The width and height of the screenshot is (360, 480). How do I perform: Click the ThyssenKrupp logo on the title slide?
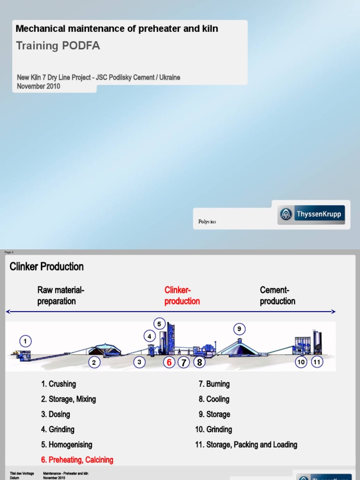pyautogui.click(x=311, y=215)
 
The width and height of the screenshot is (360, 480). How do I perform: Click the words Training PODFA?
pyautogui.click(x=58, y=45)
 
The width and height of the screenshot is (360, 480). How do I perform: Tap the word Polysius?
pyautogui.click(x=207, y=222)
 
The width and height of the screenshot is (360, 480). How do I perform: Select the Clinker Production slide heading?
pyautogui.click(x=47, y=267)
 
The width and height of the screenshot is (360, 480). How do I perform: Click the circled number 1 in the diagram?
pyautogui.click(x=25, y=341)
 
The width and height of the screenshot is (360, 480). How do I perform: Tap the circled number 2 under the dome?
pyautogui.click(x=94, y=362)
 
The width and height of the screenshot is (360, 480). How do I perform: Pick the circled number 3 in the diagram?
pyautogui.click(x=139, y=362)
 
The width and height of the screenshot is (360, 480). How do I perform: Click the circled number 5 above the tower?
pyautogui.click(x=159, y=323)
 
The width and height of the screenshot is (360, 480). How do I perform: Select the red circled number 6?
pyautogui.click(x=169, y=362)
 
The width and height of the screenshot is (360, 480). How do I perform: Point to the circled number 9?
pyautogui.click(x=239, y=329)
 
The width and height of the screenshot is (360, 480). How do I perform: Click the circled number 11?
pyautogui.click(x=317, y=362)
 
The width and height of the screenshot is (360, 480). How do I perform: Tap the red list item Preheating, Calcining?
pyautogui.click(x=77, y=460)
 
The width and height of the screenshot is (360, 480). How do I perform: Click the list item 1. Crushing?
pyautogui.click(x=59, y=384)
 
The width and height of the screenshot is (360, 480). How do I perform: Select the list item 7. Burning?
pyautogui.click(x=214, y=384)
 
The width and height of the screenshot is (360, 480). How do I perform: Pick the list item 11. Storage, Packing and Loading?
pyautogui.click(x=246, y=444)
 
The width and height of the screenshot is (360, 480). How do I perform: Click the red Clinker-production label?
pyautogui.click(x=182, y=295)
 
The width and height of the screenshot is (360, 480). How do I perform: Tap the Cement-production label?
pyautogui.click(x=277, y=295)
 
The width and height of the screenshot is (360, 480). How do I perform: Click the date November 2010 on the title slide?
pyautogui.click(x=38, y=86)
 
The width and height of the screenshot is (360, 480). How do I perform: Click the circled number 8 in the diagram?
pyautogui.click(x=200, y=362)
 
